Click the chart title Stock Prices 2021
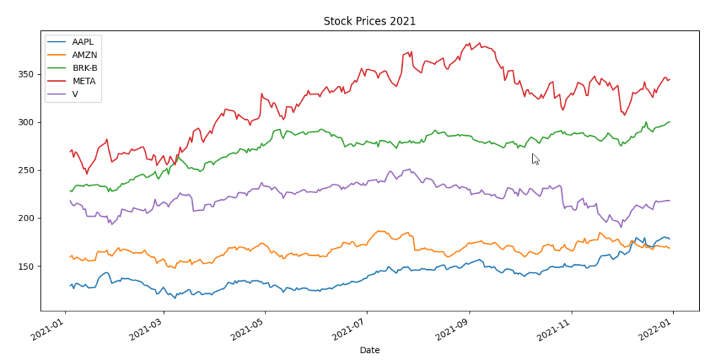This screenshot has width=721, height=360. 369,21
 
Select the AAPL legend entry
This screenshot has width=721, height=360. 83,42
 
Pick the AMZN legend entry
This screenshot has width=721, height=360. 84,55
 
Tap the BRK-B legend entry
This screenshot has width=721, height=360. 84,68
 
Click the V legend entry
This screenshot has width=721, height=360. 76,94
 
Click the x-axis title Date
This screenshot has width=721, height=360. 369,349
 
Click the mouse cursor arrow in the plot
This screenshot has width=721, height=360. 535,159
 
